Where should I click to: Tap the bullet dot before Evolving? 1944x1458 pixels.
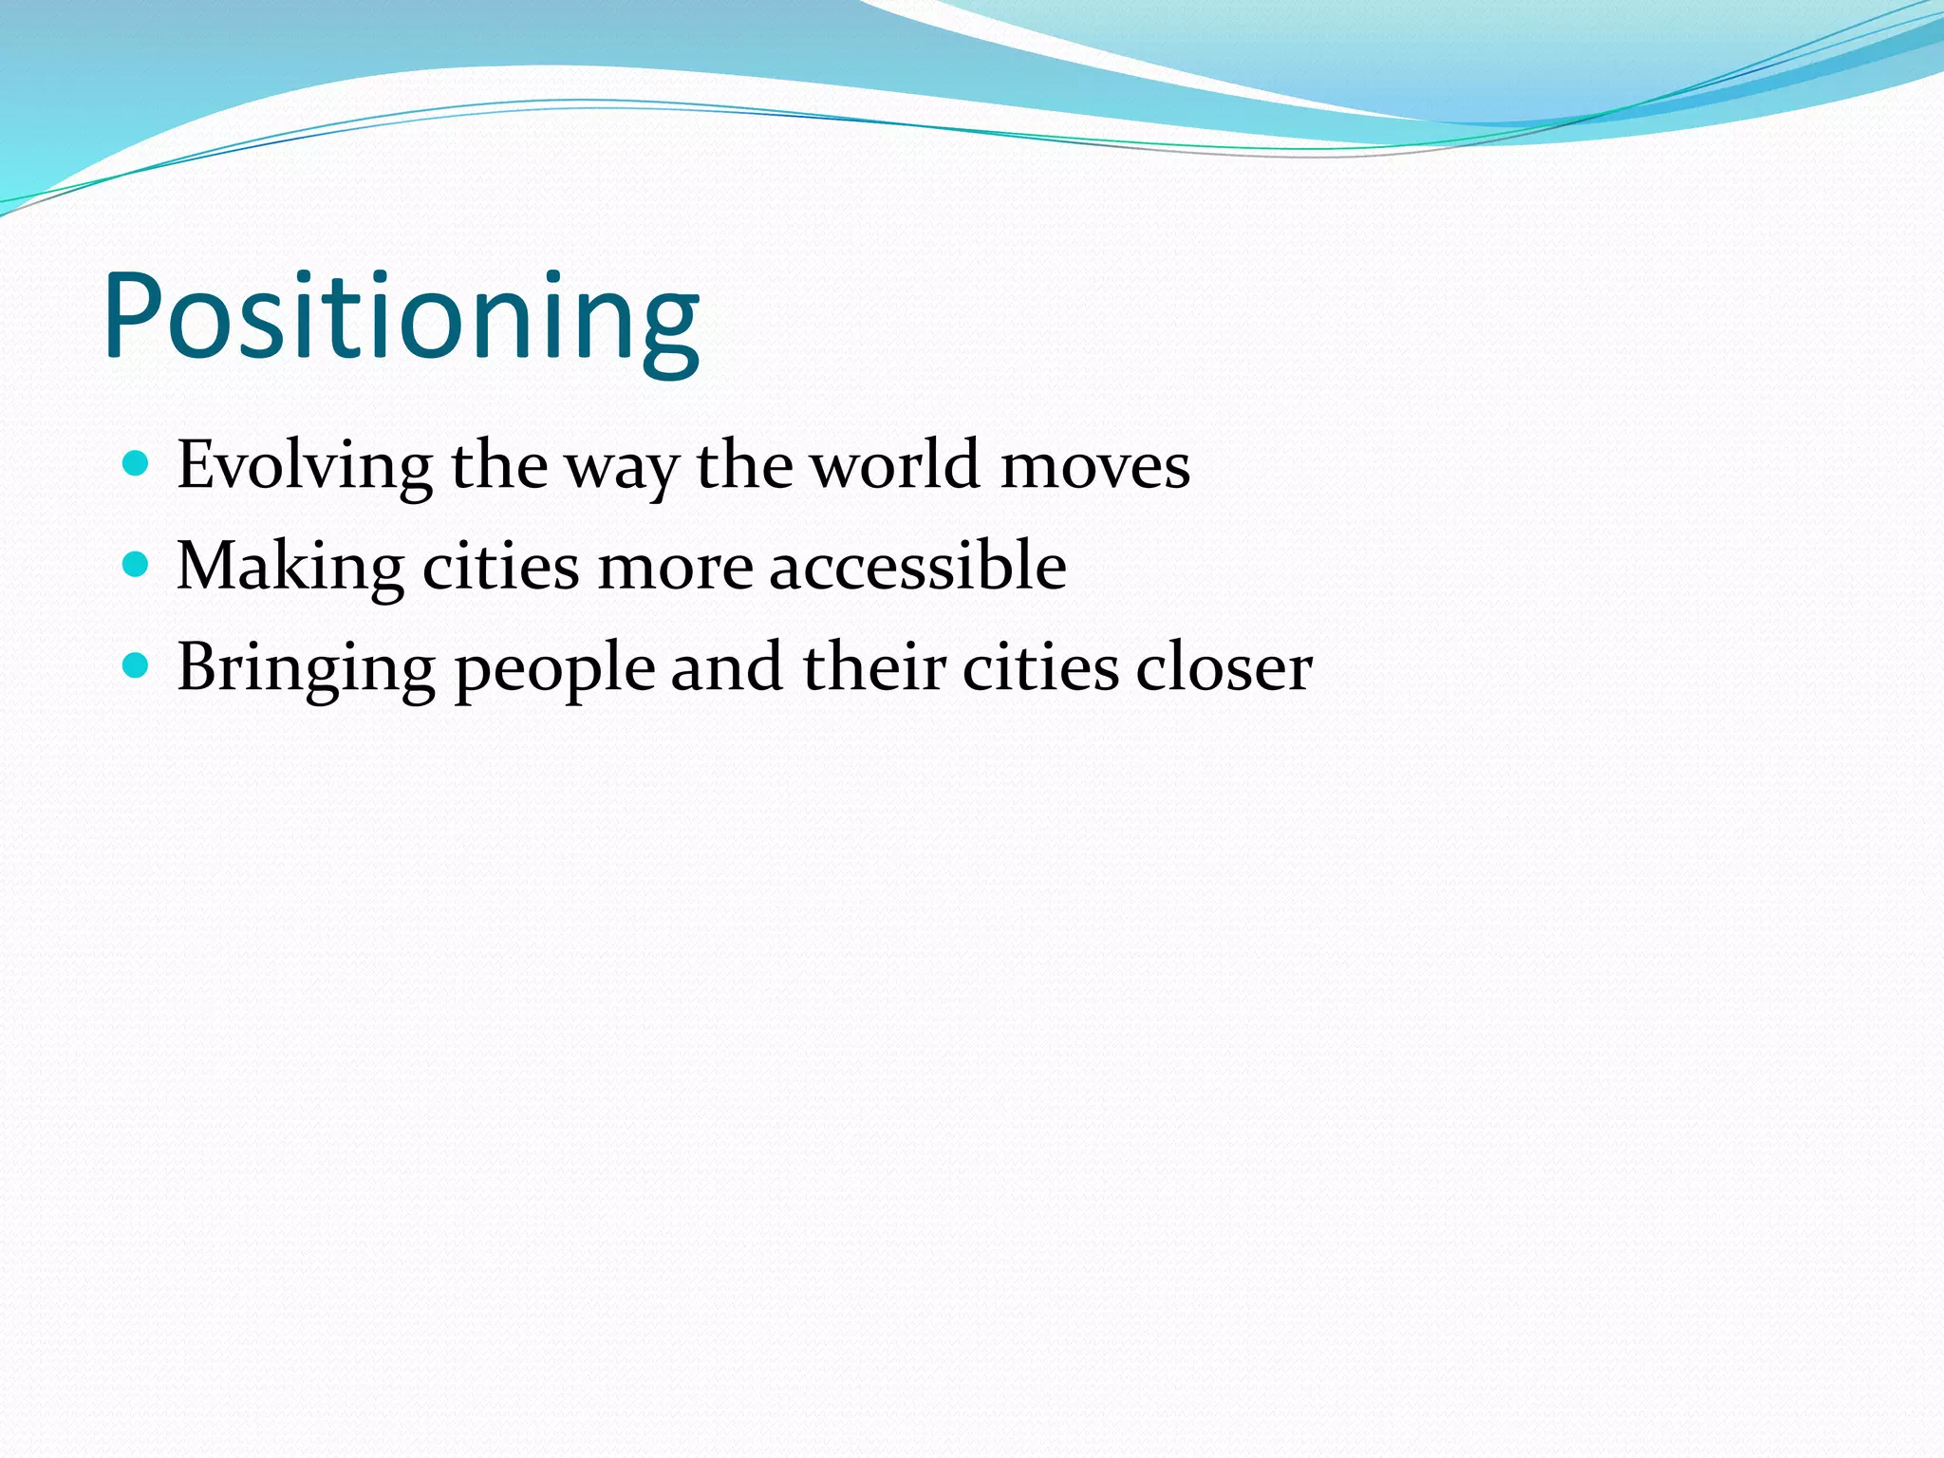[137, 464]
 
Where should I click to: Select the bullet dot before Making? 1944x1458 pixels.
[137, 565]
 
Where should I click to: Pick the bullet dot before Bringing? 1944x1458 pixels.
[137, 666]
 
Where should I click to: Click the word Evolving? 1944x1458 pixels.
[305, 466]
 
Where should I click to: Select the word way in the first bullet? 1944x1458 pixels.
[622, 470]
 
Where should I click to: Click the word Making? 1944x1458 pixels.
[290, 567]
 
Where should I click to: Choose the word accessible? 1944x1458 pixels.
[917, 567]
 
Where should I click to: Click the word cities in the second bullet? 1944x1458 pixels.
[500, 567]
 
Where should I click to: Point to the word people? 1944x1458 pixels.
[554, 670]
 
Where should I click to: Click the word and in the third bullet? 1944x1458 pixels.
[727, 668]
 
